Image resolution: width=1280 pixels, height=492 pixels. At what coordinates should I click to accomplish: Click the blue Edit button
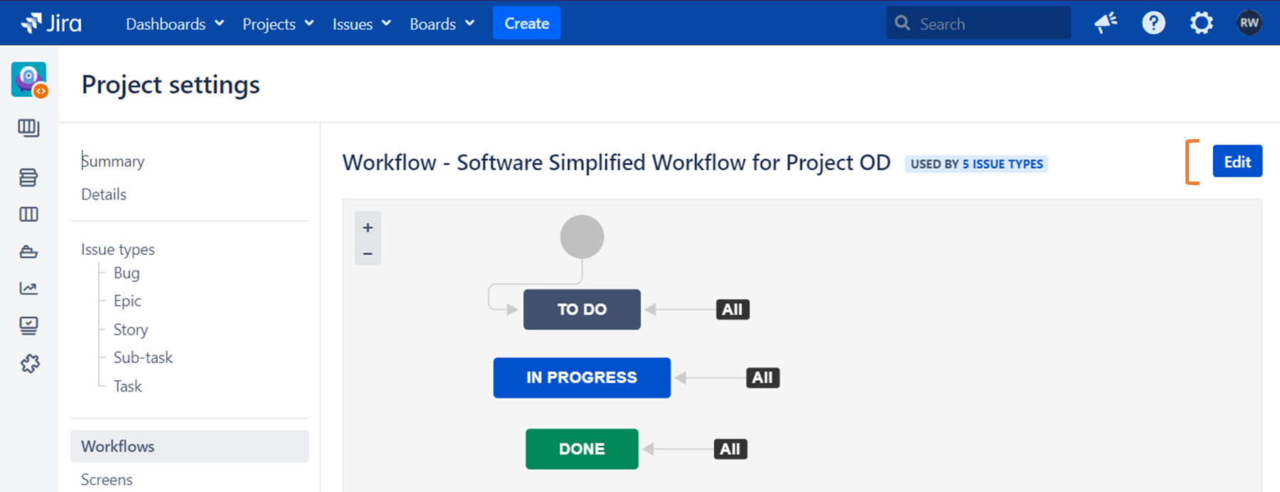pyautogui.click(x=1237, y=162)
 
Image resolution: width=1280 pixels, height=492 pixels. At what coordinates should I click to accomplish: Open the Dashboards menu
pyautogui.click(x=174, y=24)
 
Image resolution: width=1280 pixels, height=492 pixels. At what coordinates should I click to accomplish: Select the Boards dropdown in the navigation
pyautogui.click(x=442, y=24)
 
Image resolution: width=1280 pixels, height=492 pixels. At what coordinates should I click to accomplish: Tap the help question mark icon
pyautogui.click(x=1153, y=23)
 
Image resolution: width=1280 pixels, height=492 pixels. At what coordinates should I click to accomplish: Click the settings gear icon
pyautogui.click(x=1201, y=23)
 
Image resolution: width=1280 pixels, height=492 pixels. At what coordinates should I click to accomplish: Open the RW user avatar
pyautogui.click(x=1249, y=23)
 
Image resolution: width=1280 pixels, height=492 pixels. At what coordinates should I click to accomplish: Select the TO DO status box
pyautogui.click(x=582, y=310)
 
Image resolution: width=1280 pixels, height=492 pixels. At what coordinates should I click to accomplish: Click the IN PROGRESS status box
pyautogui.click(x=582, y=378)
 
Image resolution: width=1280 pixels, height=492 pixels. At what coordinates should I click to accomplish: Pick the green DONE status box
pyautogui.click(x=582, y=449)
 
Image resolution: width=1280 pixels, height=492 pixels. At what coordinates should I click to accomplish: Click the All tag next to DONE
pyautogui.click(x=730, y=449)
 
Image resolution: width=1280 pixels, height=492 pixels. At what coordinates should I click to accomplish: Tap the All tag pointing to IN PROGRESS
pyautogui.click(x=762, y=378)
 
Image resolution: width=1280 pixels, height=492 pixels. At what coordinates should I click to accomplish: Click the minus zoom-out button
pyautogui.click(x=368, y=253)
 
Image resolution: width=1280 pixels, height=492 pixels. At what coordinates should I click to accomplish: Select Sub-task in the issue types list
pyautogui.click(x=143, y=357)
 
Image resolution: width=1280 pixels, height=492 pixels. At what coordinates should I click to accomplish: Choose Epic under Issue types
pyautogui.click(x=127, y=301)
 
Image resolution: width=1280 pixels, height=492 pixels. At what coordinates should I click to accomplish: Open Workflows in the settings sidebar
pyautogui.click(x=118, y=446)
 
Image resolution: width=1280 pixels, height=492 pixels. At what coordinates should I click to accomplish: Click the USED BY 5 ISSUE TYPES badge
pyautogui.click(x=976, y=164)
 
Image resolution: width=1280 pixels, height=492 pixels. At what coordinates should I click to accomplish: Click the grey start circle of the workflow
pyautogui.click(x=582, y=237)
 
